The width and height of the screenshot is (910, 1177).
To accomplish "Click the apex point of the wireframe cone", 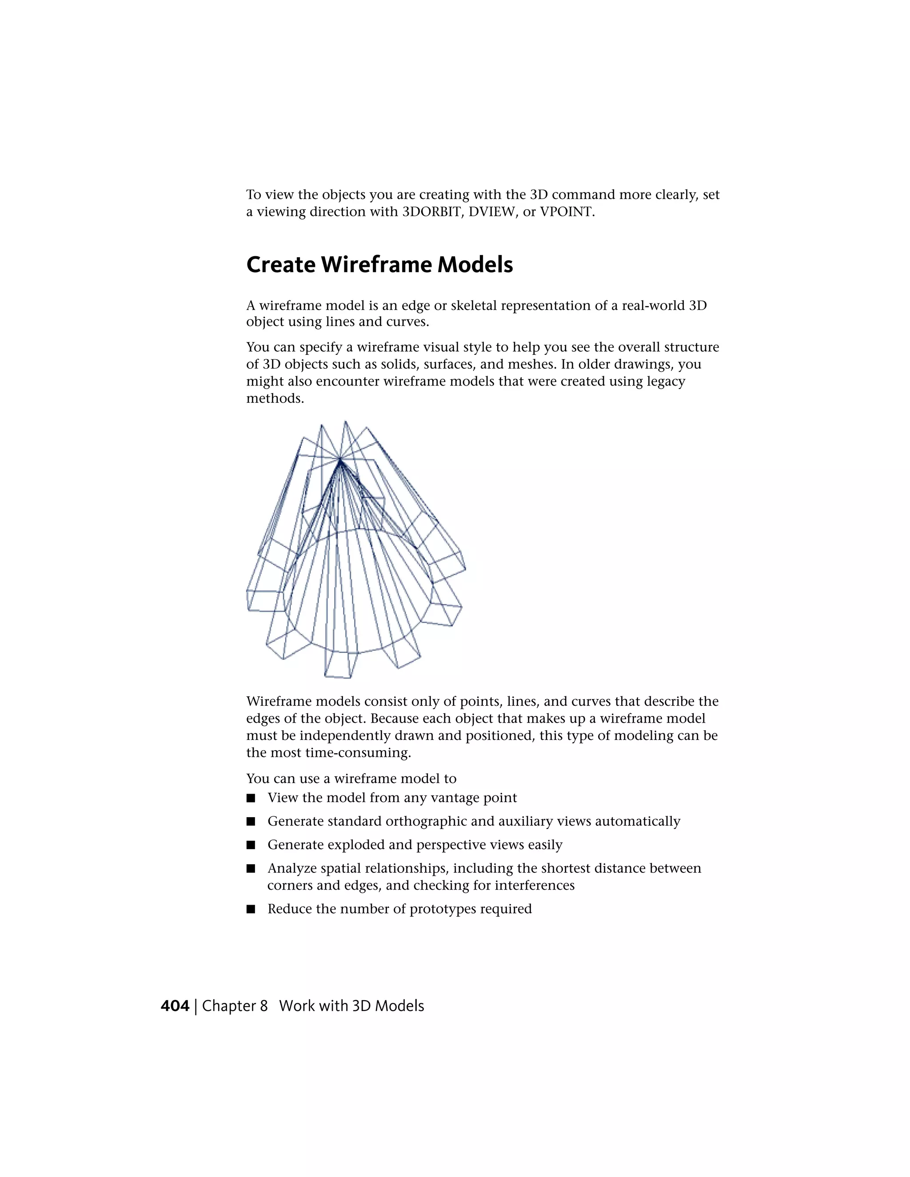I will point(340,460).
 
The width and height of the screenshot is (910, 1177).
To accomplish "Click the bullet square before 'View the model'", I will point(250,798).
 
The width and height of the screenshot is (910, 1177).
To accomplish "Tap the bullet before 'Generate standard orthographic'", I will point(250,822).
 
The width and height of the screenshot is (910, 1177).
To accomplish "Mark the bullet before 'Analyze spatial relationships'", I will point(250,869).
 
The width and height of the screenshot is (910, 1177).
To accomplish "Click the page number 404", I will point(175,1006).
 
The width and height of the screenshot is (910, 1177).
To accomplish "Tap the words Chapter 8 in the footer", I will point(235,1006).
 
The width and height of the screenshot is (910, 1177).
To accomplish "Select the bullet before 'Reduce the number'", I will point(250,910).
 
